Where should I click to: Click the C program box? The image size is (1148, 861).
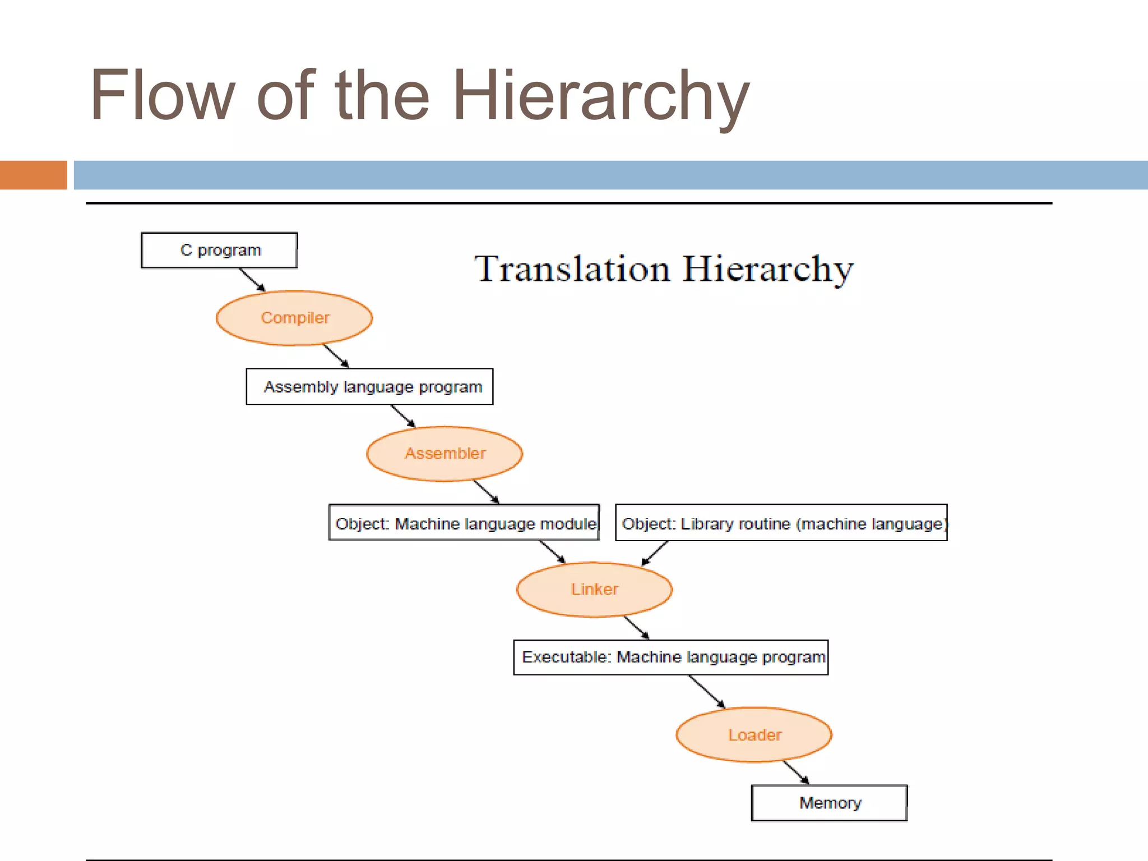point(219,250)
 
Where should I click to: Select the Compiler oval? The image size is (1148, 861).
point(294,318)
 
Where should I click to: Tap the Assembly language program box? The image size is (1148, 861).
point(369,387)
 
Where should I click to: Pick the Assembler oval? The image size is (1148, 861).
point(445,453)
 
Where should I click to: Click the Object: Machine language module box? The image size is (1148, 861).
point(464,523)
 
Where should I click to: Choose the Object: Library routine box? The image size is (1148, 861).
point(781,523)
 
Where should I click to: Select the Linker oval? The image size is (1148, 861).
point(594,589)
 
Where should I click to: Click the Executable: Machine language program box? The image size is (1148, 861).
point(671,657)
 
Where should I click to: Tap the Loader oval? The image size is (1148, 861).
point(754,735)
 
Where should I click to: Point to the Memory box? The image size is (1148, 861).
point(829,803)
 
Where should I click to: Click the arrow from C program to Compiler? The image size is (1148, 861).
point(252,280)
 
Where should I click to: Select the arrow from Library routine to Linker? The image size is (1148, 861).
point(654,553)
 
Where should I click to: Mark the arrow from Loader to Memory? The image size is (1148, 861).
point(796,772)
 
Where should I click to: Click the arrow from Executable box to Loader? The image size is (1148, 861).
point(707,692)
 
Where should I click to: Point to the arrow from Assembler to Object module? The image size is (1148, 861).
point(486,492)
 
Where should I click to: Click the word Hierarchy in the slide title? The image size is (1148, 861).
point(601,95)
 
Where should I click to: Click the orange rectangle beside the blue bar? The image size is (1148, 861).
point(34,175)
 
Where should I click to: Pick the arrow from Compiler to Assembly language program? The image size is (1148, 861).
point(336,356)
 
